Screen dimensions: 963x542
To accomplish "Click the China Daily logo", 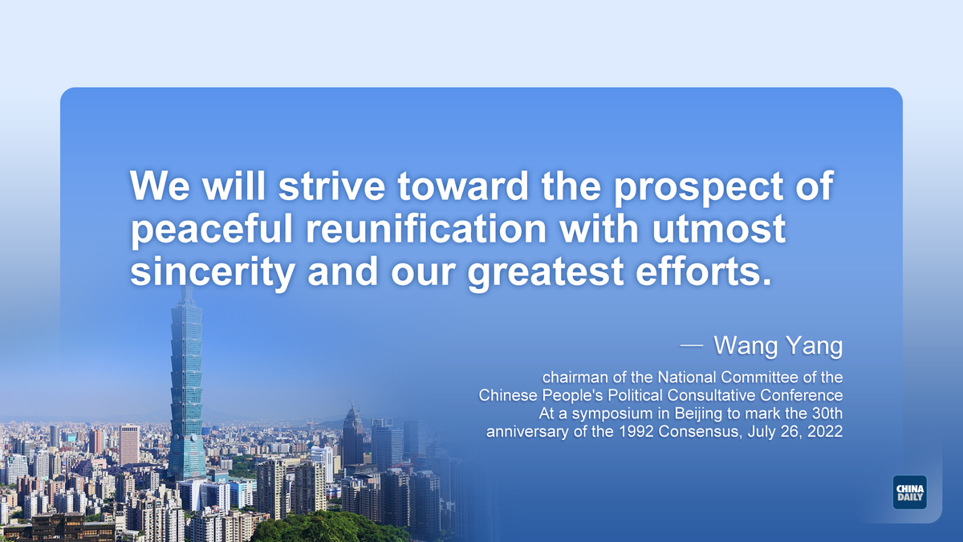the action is pyautogui.click(x=910, y=492).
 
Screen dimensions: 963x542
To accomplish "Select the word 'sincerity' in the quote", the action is pyautogui.click(x=213, y=272).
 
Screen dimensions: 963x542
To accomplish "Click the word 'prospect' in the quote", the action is pyautogui.click(x=698, y=187).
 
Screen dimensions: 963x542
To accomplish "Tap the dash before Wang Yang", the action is pyautogui.click(x=692, y=345).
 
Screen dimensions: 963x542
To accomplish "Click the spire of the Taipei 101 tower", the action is pyautogui.click(x=186, y=291).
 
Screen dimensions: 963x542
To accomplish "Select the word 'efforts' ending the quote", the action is pyautogui.click(x=703, y=271).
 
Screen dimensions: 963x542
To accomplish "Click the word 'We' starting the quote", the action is pyautogui.click(x=160, y=186).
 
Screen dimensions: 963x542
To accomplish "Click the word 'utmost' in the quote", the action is pyautogui.click(x=719, y=229).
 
